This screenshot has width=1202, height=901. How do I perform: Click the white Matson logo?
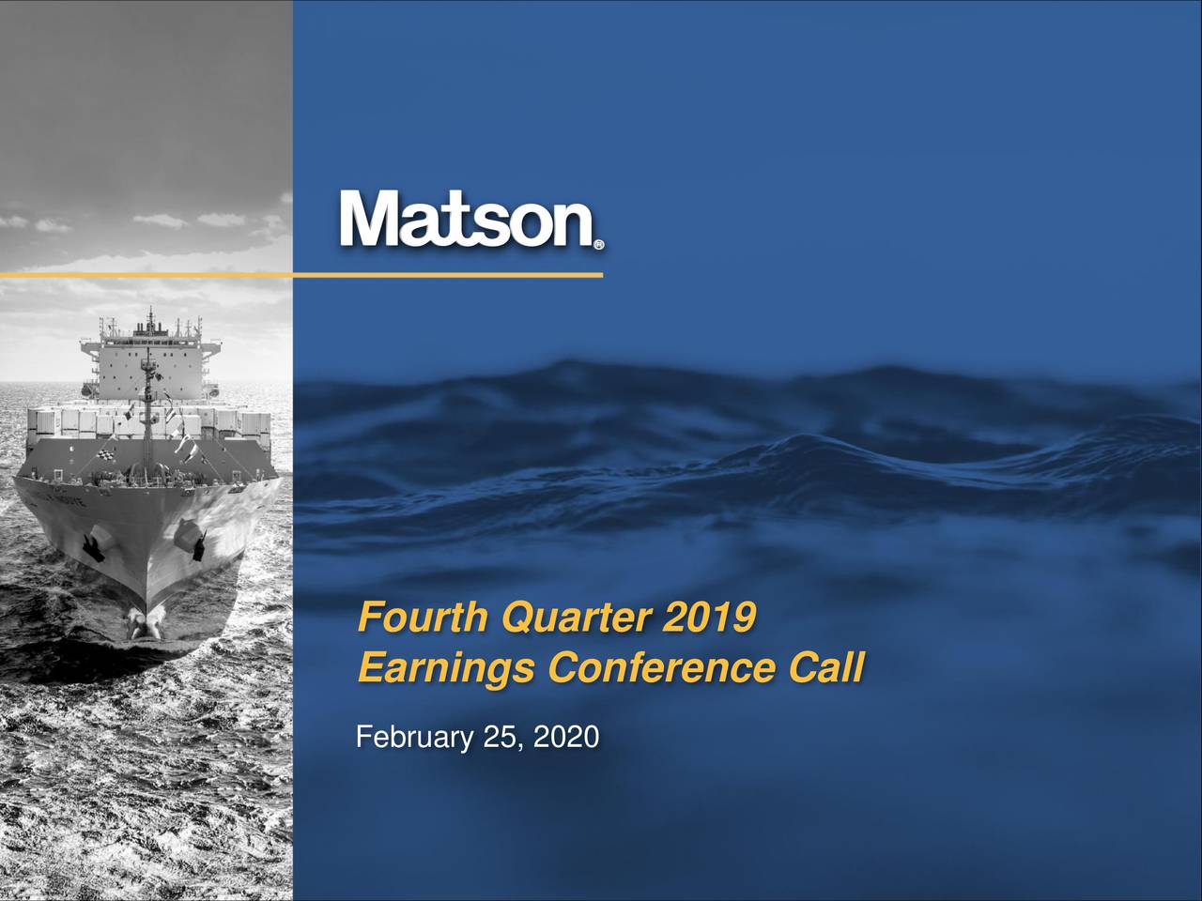click(466, 221)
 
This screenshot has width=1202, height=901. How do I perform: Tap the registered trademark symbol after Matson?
click(599, 246)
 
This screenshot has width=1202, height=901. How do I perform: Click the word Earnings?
click(447, 670)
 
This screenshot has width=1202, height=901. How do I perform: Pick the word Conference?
click(661, 670)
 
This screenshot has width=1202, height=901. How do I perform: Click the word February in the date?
click(413, 739)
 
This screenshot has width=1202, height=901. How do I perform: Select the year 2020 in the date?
click(564, 739)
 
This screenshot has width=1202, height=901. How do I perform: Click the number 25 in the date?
click(498, 739)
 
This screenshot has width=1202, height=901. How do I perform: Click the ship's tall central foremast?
click(146, 394)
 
